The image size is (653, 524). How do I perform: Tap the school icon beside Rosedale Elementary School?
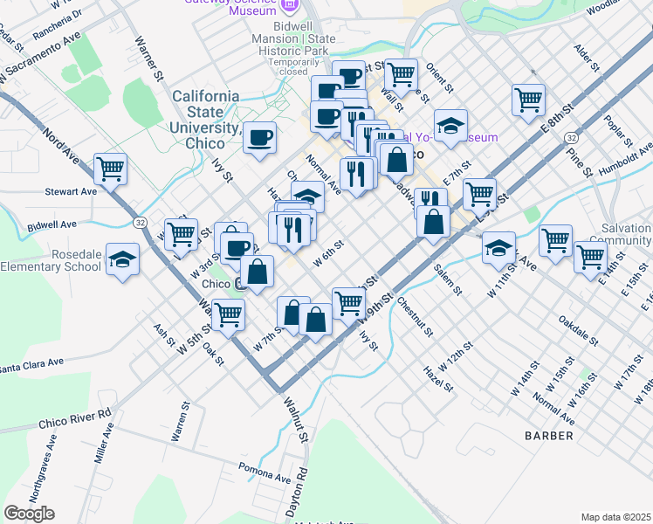123,259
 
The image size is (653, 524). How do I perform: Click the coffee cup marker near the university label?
259,138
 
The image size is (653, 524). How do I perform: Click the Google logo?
29,514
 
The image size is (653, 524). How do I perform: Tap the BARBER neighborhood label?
549,435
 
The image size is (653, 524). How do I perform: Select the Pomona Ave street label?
264,478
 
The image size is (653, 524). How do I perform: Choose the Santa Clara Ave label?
31,362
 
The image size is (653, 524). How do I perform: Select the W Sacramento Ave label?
42,59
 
